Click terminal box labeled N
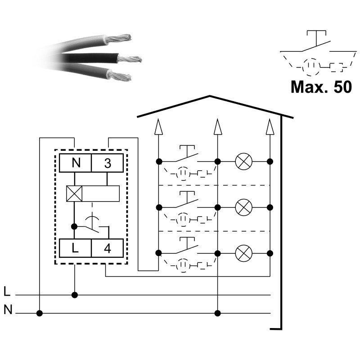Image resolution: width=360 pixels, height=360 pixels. click(75, 163)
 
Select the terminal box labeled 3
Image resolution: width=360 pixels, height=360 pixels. click(107, 163)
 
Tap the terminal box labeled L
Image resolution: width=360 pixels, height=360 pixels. click(75, 247)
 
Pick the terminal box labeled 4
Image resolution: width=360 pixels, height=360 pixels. click(107, 247)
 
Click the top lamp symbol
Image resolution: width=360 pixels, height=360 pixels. click(244, 161)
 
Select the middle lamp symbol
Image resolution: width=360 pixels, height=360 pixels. click(244, 207)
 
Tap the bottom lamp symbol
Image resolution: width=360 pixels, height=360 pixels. click(244, 252)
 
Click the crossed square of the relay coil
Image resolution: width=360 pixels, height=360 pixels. click(74, 194)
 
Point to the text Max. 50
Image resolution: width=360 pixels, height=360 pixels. click(320, 87)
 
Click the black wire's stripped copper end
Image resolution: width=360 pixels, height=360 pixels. click(130, 59)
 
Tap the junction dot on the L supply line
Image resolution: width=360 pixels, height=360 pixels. click(75, 295)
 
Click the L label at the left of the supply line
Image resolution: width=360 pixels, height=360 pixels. click(6, 292)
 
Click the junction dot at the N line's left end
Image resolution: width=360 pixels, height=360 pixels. click(40, 313)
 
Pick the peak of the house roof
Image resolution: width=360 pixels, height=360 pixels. click(210, 96)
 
